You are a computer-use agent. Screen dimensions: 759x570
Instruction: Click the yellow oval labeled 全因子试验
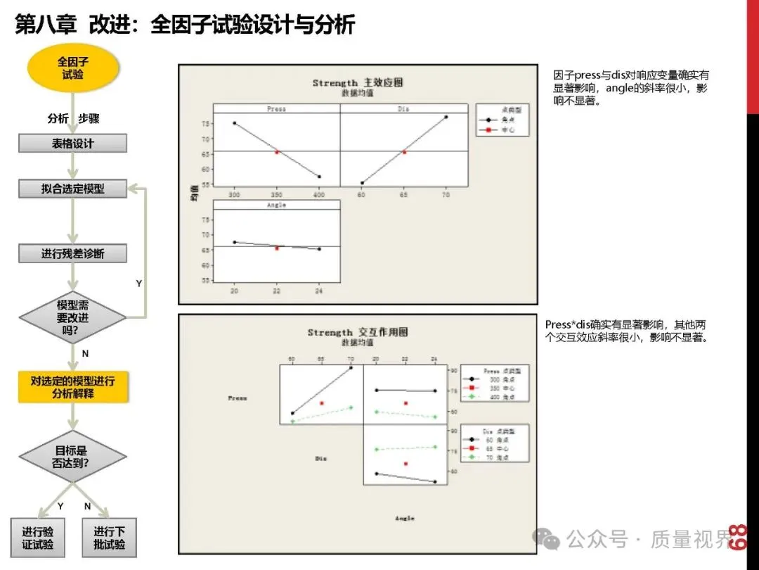click(72, 68)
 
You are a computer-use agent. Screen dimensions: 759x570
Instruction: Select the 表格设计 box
click(72, 144)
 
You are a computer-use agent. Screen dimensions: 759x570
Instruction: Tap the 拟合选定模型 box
click(72, 189)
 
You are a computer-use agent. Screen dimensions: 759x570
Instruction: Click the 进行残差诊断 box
click(72, 253)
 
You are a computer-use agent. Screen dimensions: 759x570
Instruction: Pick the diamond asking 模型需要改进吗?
click(72, 317)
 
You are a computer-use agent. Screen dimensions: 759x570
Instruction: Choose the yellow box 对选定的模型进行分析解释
click(73, 387)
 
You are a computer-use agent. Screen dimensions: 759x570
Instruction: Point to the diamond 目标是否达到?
click(72, 457)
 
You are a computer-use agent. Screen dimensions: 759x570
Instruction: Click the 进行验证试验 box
click(38, 538)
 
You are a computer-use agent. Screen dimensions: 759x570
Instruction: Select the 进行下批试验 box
click(109, 538)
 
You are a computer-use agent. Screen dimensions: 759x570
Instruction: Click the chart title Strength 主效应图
click(358, 83)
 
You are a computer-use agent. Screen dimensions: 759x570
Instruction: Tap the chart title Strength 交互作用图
click(357, 332)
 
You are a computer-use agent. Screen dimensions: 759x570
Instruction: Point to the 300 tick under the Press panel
click(234, 194)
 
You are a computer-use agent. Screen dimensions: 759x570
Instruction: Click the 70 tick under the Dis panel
click(446, 194)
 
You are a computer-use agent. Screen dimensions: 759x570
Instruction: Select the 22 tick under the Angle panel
click(276, 291)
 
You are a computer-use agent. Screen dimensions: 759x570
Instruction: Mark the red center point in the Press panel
click(277, 151)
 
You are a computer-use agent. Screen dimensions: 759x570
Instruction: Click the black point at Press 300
click(234, 123)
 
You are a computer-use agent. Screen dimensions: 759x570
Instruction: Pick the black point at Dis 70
click(446, 117)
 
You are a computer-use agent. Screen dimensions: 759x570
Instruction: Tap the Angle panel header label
click(276, 205)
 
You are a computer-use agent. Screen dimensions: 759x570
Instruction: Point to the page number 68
click(737, 538)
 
